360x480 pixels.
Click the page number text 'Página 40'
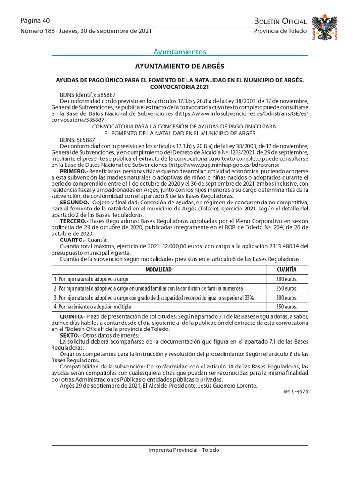tap(35, 21)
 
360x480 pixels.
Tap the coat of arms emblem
tap(324, 27)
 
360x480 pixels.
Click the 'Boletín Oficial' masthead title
tap(280, 21)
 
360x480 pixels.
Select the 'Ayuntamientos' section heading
tap(180, 52)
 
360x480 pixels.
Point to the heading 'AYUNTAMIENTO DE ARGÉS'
tap(180, 67)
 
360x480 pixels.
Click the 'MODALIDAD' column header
tap(158, 270)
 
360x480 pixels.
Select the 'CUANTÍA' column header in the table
tap(286, 270)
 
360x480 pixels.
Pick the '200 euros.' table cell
tap(286, 279)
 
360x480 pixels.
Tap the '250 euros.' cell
tap(286, 288)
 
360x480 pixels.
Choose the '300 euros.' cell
tap(286, 298)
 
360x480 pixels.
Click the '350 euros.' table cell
tap(286, 307)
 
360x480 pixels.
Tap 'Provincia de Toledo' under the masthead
tap(280, 31)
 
